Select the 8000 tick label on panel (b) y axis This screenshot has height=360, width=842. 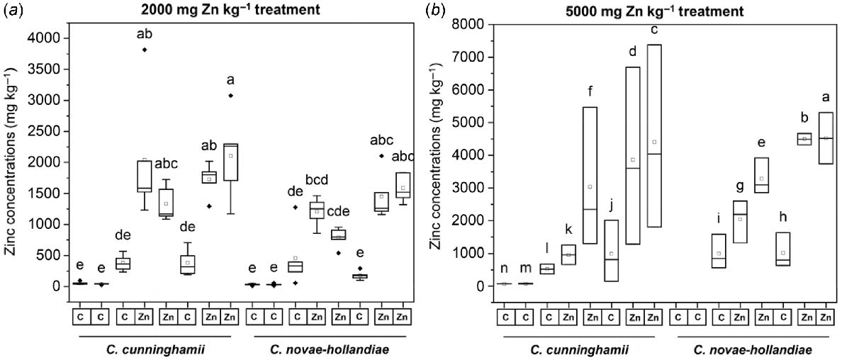(x=468, y=25)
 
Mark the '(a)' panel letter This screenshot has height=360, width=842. (x=10, y=10)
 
